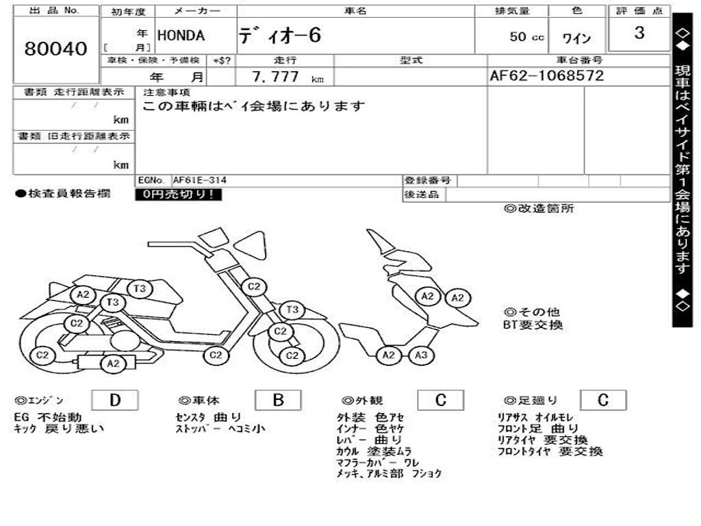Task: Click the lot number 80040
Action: point(56,49)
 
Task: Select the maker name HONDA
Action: point(181,36)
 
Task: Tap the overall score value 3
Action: point(639,33)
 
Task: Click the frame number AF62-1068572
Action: point(547,76)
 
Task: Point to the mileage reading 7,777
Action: point(276,77)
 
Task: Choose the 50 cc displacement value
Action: point(526,37)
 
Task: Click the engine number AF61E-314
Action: point(200,181)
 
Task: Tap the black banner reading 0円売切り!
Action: point(178,195)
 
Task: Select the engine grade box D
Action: point(114,401)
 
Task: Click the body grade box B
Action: point(278,401)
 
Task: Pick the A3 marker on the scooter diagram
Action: point(421,355)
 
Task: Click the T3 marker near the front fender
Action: point(293,310)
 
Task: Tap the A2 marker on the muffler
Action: point(114,364)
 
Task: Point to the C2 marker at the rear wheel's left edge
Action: point(42,355)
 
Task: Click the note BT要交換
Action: point(533,325)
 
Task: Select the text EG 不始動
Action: point(48,417)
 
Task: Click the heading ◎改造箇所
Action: point(539,209)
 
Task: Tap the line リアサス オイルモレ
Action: point(536,417)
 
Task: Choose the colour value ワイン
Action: point(576,38)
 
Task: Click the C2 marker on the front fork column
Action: point(254,286)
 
